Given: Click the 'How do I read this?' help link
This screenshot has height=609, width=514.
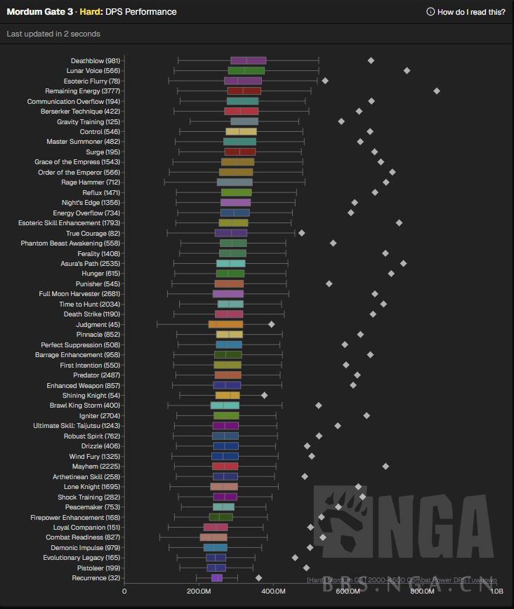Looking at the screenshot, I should tap(466, 12).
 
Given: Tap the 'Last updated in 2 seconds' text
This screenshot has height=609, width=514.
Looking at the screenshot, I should tap(53, 34).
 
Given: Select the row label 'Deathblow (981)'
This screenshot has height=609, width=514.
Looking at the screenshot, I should tap(95, 60).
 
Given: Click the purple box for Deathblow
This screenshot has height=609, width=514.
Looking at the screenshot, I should tap(248, 60).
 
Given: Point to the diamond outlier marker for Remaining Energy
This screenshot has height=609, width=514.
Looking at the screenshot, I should tap(437, 91).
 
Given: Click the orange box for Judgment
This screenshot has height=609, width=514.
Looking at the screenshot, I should tap(225, 324).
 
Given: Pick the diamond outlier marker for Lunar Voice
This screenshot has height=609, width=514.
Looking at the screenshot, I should tap(407, 71).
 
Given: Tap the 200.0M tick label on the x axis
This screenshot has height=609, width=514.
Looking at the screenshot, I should tap(199, 591).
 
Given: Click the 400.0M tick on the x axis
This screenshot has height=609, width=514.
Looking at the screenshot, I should tap(273, 591).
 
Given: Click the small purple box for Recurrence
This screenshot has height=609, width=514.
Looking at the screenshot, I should tap(217, 578).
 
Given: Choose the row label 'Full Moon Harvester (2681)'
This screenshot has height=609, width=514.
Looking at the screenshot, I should tap(79, 294).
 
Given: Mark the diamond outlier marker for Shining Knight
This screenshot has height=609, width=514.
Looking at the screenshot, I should tap(264, 396).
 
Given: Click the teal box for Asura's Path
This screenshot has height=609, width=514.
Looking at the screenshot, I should tap(230, 264).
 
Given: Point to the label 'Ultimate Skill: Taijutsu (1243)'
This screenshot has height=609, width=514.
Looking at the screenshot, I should tap(77, 426).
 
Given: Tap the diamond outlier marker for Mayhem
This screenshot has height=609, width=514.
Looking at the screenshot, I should tap(385, 466).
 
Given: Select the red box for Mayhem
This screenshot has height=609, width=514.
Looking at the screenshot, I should tap(225, 466).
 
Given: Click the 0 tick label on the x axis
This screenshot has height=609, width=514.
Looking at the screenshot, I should tap(124, 591).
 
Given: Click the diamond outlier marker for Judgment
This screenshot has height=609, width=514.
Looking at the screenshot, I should tap(272, 324).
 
